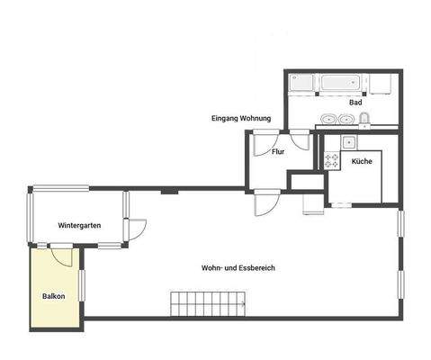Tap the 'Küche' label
point(362,161)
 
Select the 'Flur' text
point(278,151)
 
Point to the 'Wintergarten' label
point(78,224)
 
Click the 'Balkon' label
point(53,295)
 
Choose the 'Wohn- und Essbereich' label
point(238,267)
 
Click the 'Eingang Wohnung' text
point(241,119)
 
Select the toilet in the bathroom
point(364,119)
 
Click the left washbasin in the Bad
point(326,119)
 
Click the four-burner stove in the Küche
point(331,161)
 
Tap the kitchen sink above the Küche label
point(348,141)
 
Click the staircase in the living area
point(207,304)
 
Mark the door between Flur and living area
point(267,203)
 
